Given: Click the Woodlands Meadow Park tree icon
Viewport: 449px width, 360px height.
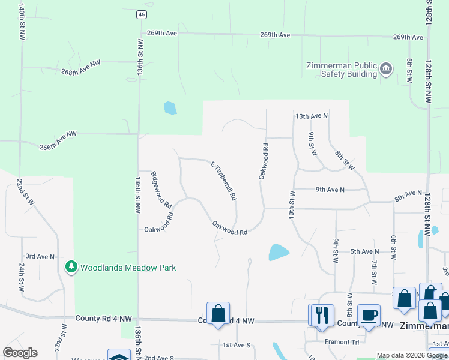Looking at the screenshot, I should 71,267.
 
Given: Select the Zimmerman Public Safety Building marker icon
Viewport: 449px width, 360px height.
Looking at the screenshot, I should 386,70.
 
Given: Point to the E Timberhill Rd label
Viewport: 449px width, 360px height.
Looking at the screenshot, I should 223,181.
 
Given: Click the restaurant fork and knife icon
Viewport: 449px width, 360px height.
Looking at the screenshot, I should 321,315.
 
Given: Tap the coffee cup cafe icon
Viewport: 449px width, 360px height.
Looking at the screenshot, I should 368,315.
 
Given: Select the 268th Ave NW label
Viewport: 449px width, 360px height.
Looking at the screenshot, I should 80,67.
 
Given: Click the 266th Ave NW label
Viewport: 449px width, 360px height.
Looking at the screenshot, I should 58,140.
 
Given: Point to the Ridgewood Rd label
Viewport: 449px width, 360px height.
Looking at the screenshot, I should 161,188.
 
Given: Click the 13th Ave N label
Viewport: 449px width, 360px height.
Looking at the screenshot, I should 312,116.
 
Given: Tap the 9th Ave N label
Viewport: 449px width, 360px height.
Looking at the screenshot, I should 330,190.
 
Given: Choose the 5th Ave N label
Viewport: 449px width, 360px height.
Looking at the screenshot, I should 365,251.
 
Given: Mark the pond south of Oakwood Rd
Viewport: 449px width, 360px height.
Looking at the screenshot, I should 277,252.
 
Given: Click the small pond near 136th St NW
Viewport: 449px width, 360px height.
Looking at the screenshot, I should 170,108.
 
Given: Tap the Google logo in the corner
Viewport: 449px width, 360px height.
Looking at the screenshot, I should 20,353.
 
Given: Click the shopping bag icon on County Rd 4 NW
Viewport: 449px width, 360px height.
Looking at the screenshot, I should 218,313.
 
